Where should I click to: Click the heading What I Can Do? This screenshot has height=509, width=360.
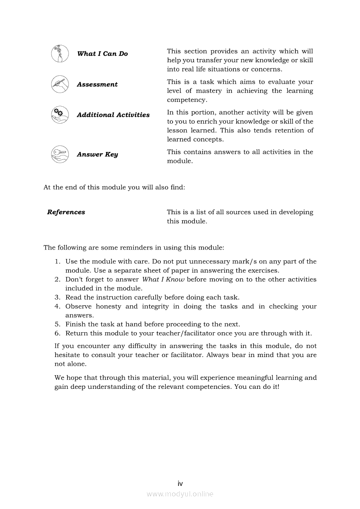(x=102, y=54)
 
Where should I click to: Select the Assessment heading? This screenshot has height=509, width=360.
(x=97, y=84)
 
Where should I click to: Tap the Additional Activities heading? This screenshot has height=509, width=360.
(x=113, y=115)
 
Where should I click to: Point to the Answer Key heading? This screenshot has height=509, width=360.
(x=97, y=155)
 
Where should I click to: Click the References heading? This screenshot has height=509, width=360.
(x=66, y=212)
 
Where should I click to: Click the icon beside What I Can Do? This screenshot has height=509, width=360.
(x=60, y=54)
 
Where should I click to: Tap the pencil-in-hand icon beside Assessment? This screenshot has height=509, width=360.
(x=60, y=84)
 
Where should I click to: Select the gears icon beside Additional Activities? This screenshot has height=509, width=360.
(x=60, y=115)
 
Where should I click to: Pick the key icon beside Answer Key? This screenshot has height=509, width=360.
(x=60, y=154)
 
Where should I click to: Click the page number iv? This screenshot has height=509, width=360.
(x=180, y=484)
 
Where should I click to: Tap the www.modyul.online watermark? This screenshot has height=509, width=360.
(x=180, y=494)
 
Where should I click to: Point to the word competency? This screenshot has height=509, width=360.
(x=181, y=100)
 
